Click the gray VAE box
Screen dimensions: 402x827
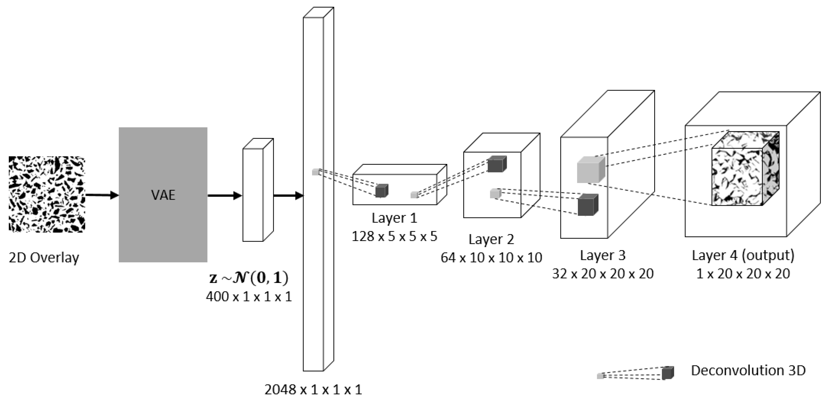pyautogui.click(x=163, y=195)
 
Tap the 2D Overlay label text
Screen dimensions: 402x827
pyautogui.click(x=44, y=258)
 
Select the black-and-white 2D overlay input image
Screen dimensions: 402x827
pyautogui.click(x=47, y=194)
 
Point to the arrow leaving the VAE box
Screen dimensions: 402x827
pyautogui.click(x=224, y=195)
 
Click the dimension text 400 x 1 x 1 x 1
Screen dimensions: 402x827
pyautogui.click(x=249, y=296)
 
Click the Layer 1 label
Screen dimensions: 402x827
pyautogui.click(x=394, y=218)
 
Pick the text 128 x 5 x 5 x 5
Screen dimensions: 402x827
pyautogui.click(x=394, y=236)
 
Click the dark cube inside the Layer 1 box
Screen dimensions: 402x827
pyautogui.click(x=382, y=191)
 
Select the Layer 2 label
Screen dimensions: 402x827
pyautogui.click(x=491, y=239)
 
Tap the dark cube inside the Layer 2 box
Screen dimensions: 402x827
pyautogui.click(x=497, y=164)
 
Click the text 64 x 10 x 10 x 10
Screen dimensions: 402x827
pyautogui.click(x=491, y=257)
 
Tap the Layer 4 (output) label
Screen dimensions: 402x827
pyautogui.click(x=743, y=255)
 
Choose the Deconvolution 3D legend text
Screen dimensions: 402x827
pyautogui.click(x=748, y=371)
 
